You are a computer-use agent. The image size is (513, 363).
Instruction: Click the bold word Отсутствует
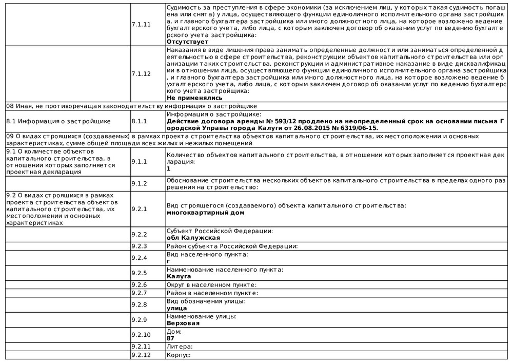tap(187, 41)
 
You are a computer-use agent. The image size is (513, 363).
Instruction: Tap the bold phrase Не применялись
tap(194, 97)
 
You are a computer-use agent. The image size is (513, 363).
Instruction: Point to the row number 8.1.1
tap(139, 121)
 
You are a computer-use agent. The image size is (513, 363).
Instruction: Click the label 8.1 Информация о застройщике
tap(58, 121)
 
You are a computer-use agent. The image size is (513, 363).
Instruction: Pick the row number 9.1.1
tap(139, 161)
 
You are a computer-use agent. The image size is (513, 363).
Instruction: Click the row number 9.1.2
tap(139, 183)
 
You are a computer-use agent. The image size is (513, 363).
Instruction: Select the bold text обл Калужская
tap(193, 238)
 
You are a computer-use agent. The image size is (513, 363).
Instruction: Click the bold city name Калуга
tap(179, 276)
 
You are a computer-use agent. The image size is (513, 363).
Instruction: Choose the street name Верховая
tap(183, 323)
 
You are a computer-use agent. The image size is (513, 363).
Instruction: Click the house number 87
tap(171, 338)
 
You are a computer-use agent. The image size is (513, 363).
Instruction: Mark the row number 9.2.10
tap(141, 335)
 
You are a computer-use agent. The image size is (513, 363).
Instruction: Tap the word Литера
tap(177, 347)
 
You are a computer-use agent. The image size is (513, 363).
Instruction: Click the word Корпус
tap(177, 355)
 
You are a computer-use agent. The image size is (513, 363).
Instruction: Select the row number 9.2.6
tap(139, 285)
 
